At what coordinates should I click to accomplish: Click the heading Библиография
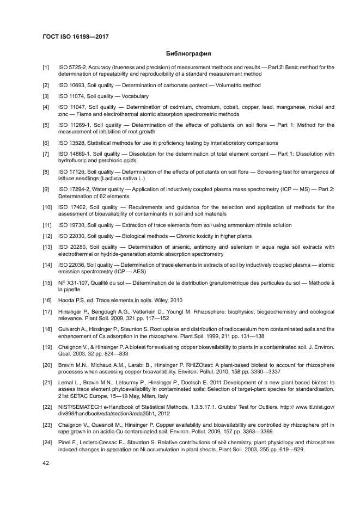(x=188, y=54)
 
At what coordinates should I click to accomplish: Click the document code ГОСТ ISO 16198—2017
(x=75, y=37)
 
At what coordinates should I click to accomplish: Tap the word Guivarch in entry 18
(x=70, y=329)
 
